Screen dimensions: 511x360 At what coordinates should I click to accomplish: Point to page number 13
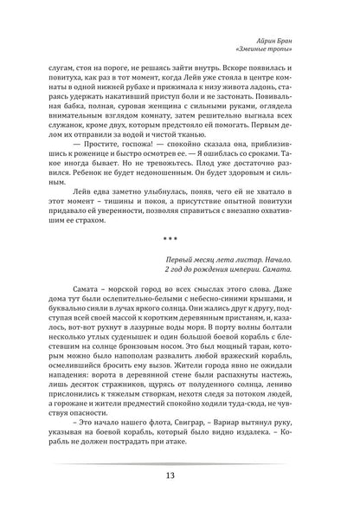(x=180, y=474)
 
